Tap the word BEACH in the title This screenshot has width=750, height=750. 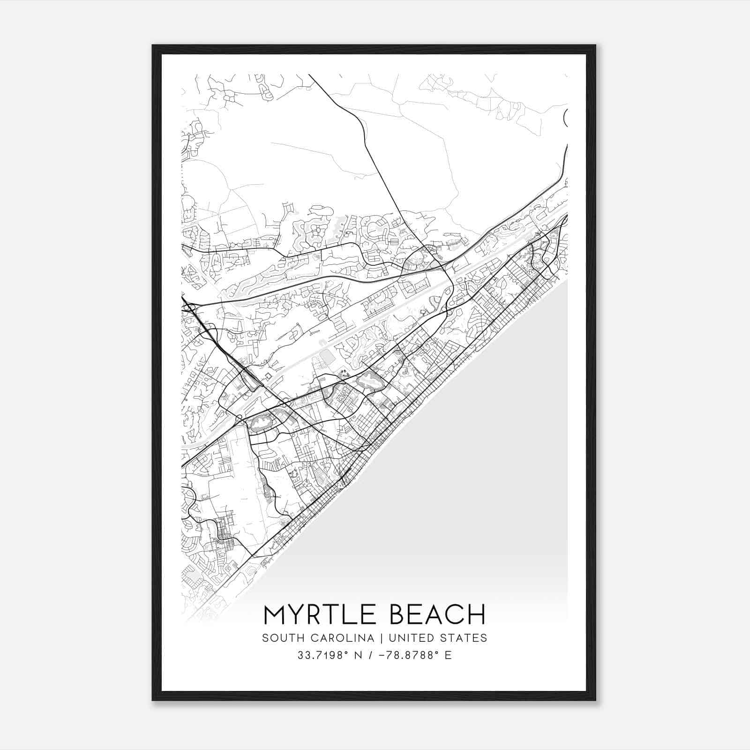pos(438,615)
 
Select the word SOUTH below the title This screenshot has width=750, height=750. pos(279,638)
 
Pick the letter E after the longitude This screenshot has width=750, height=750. pos(449,655)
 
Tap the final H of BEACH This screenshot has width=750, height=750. pos(477,615)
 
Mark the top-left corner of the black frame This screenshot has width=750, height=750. pos(153,45)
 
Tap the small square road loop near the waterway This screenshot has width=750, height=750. pos(269,376)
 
